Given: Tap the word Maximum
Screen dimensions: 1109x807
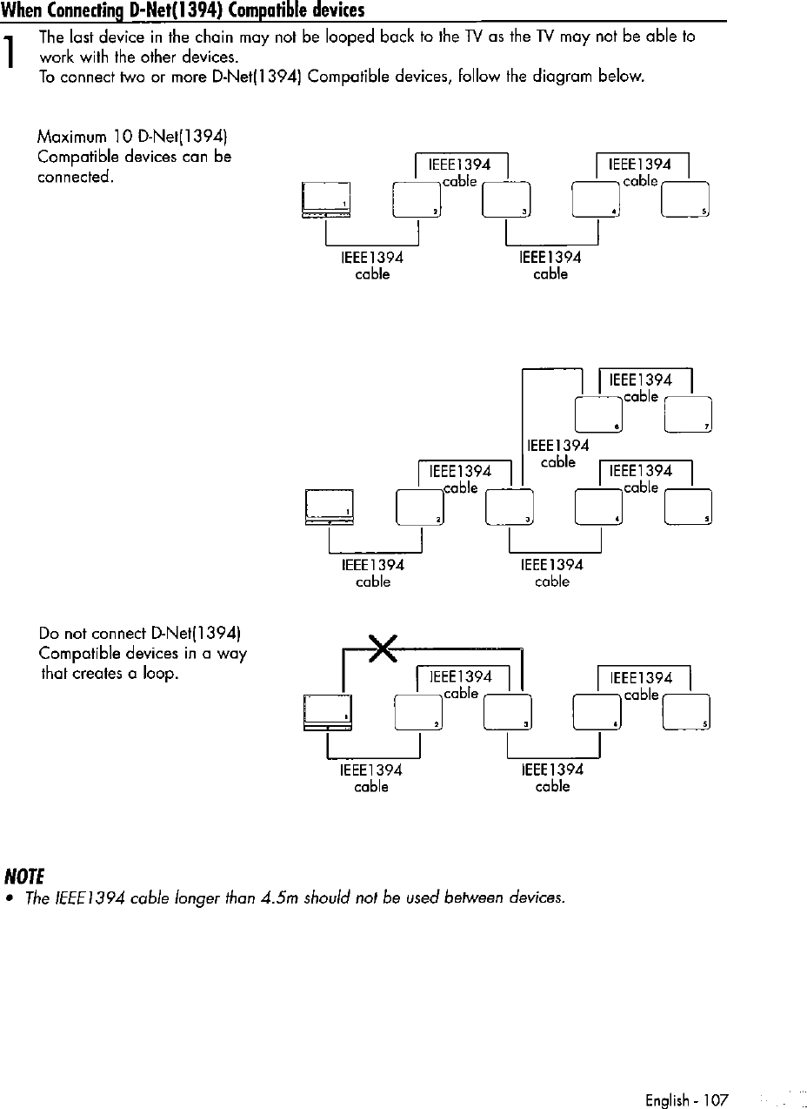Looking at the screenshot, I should [x=71, y=138].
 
